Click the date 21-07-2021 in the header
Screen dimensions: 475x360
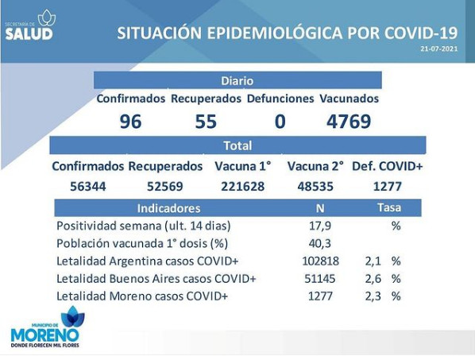pyautogui.click(x=439, y=48)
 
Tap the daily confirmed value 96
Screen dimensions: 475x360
pyautogui.click(x=130, y=122)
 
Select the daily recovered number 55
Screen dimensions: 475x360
pyautogui.click(x=206, y=122)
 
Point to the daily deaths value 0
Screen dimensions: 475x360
pyautogui.click(x=280, y=122)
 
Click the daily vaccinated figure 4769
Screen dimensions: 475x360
pyautogui.click(x=349, y=122)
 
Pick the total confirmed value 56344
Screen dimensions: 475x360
pyautogui.click(x=88, y=186)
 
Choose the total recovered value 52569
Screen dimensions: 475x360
pyautogui.click(x=165, y=186)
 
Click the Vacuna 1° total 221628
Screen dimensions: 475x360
pyautogui.click(x=242, y=186)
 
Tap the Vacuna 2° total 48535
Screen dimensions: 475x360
pyautogui.click(x=315, y=186)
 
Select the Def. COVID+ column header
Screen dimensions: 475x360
pyautogui.click(x=387, y=166)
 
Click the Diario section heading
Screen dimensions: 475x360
pyautogui.click(x=237, y=81)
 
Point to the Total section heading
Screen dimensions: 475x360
pyautogui.click(x=237, y=145)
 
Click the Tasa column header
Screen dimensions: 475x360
pyautogui.click(x=389, y=207)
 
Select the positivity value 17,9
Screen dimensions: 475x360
pyautogui.click(x=320, y=226)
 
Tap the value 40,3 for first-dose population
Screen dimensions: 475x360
pyautogui.click(x=320, y=243)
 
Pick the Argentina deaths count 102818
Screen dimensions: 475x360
pyautogui.click(x=320, y=261)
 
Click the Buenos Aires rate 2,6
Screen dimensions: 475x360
pyautogui.click(x=373, y=278)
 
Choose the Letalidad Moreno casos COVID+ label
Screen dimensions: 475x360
pyautogui.click(x=142, y=296)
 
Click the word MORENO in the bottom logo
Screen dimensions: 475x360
pyautogui.click(x=44, y=335)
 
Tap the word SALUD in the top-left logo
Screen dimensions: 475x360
pyautogui.click(x=29, y=34)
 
